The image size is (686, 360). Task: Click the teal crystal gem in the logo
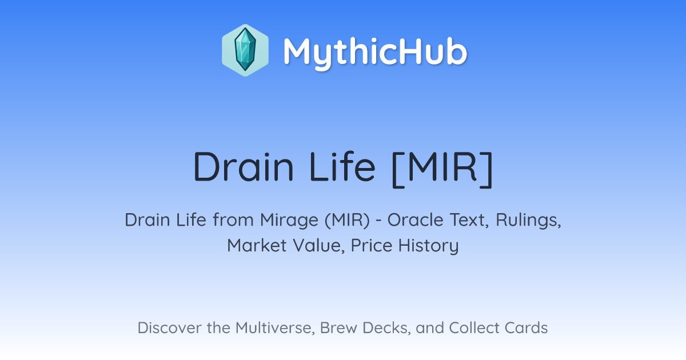tap(245, 50)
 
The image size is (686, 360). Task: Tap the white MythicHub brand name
tap(375, 53)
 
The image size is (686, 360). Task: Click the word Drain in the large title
tap(244, 167)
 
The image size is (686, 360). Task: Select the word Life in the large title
tap(342, 167)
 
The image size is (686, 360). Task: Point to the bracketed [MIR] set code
tap(442, 169)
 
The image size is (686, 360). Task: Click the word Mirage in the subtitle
tap(289, 220)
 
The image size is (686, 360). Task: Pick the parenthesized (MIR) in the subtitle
tap(348, 220)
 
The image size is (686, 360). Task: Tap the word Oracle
tap(415, 220)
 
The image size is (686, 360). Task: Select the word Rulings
tap(528, 220)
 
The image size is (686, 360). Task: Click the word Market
tap(257, 245)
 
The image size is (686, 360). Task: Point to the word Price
tap(372, 245)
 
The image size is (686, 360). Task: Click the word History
tap(428, 246)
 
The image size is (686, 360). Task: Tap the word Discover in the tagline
tap(169, 327)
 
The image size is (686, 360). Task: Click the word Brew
tap(338, 327)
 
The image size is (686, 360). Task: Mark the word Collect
tap(474, 327)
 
